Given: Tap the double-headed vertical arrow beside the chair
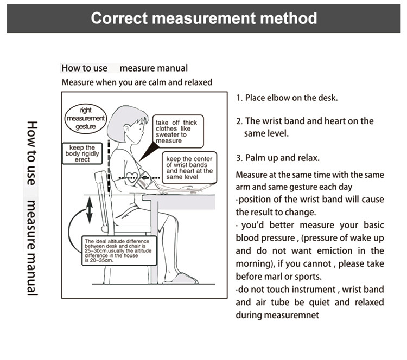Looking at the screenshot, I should pyautogui.click(x=90, y=210).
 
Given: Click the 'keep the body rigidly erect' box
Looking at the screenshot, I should pyautogui.click(x=82, y=153).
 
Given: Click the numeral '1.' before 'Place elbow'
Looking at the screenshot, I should pyautogui.click(x=239, y=98).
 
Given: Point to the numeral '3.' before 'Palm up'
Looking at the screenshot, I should pyautogui.click(x=239, y=158).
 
